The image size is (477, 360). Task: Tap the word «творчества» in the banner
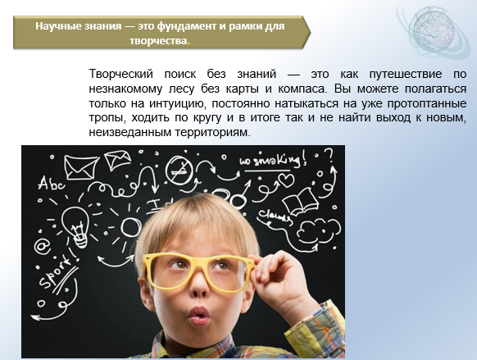158,41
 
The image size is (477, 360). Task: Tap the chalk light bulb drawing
76,226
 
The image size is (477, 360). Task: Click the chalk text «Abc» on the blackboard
51,183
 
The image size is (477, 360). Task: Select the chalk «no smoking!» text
273,160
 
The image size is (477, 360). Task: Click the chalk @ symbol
42,247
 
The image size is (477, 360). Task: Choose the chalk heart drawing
287,180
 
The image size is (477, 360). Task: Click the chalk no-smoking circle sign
179,171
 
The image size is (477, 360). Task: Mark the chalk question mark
329,156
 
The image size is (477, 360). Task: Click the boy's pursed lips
199,315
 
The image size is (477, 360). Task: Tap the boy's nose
200,288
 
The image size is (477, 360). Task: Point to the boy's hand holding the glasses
281,280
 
